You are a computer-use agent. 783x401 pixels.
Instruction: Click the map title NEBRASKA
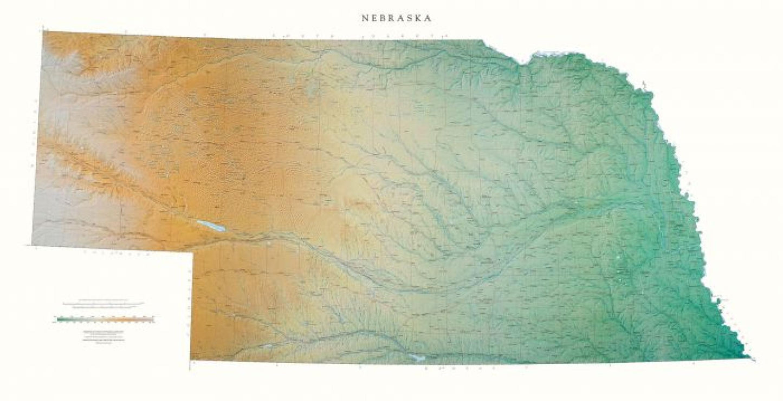point(397,18)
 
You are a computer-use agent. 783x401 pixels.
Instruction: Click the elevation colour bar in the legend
point(105,319)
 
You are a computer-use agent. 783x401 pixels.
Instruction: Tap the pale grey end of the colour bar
point(152,319)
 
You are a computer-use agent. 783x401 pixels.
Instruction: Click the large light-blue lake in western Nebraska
point(211,226)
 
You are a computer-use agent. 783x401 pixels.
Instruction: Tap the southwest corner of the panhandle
point(32,244)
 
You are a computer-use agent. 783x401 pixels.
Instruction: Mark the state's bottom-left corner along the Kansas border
point(190,360)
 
